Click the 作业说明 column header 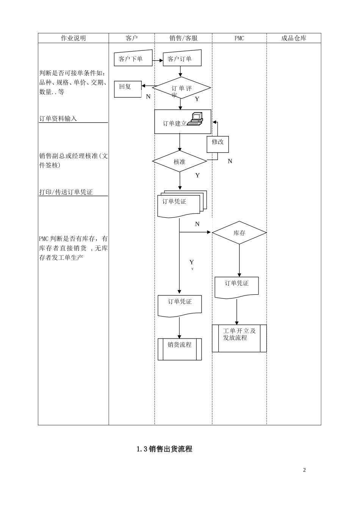pos(74,38)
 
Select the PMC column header pos(239,38)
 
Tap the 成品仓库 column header pos(294,38)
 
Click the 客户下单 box pos(133,59)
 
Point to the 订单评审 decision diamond pos(181,88)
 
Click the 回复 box pos(128,89)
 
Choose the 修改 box pos(218,144)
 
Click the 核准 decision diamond pos(180,162)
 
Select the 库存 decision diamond pos(239,233)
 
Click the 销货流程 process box pos(180,349)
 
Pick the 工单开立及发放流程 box pos(239,338)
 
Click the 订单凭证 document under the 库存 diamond pos(237,287)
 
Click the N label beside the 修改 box pos(230,161)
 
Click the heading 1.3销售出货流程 pos(164,449)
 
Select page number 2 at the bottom pos(304,470)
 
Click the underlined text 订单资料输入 pos(58,119)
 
